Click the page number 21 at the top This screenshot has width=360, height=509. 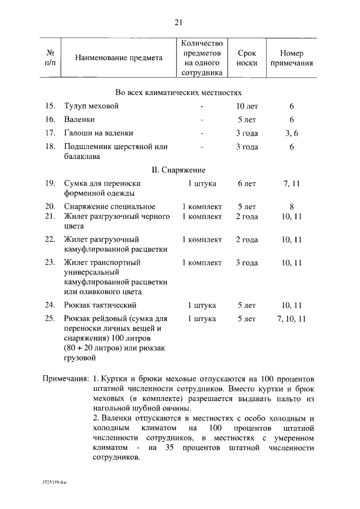179,22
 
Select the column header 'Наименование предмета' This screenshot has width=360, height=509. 119,58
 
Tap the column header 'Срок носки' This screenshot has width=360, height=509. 246,58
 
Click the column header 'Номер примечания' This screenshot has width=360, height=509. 291,58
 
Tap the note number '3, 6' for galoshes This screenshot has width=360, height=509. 291,133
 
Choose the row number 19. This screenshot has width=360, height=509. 49,183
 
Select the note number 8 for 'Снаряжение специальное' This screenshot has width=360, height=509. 291,206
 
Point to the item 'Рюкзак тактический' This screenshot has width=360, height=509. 101,305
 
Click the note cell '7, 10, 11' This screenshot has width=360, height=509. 291,319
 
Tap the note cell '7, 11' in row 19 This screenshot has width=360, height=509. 291,183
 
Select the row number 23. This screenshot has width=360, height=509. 49,263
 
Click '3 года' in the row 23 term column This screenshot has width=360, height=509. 246,263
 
